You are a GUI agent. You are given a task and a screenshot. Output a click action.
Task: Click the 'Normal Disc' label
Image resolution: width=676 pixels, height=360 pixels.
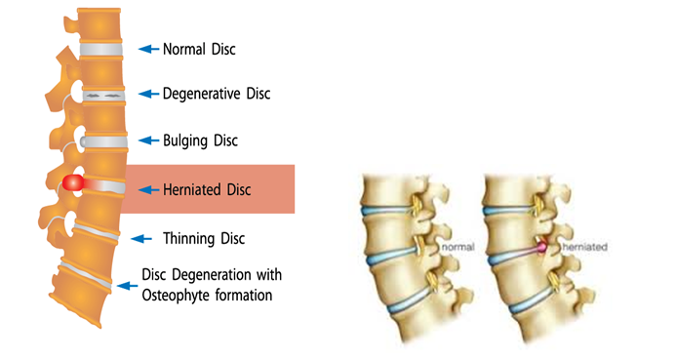coord(199,47)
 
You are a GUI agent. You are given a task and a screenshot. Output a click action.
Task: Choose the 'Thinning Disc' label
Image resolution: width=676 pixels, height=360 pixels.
coord(204,238)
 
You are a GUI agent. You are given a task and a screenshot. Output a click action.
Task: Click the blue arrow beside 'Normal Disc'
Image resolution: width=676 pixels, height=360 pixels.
coord(147,47)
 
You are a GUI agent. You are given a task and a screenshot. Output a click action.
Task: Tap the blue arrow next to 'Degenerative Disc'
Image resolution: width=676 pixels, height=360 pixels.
coord(147,94)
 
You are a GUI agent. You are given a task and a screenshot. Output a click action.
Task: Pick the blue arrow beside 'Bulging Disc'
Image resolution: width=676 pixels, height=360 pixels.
coord(147,140)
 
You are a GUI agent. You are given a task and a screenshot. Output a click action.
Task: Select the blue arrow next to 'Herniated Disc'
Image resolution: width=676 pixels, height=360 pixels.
coord(147,189)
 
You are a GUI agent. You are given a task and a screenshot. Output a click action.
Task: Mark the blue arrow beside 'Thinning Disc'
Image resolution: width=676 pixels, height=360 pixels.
coord(142,238)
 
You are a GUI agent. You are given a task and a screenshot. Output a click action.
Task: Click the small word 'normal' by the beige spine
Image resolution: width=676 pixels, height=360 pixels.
coord(457,248)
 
